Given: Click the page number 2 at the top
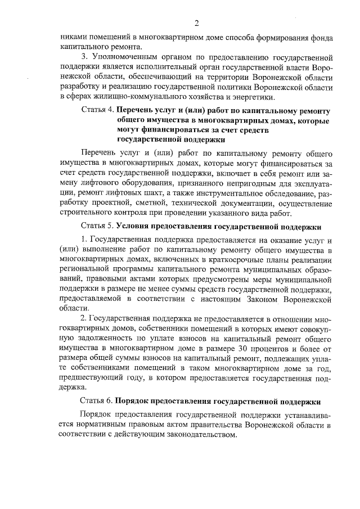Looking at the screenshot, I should (197, 23).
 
